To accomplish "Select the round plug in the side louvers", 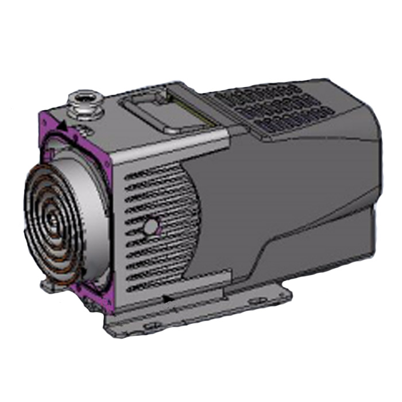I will click(150, 227).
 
